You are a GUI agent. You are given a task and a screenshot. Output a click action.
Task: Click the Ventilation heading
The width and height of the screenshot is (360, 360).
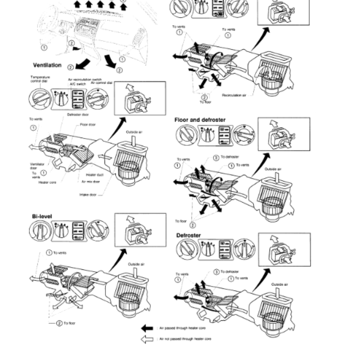47,65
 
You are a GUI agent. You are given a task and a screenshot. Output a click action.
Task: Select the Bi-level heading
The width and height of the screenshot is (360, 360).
42,216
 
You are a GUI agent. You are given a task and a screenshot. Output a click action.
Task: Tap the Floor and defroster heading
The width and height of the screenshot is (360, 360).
200,120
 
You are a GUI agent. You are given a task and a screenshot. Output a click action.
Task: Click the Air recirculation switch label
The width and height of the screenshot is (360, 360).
81,79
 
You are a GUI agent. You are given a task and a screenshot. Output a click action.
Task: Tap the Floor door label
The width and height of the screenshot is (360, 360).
88,124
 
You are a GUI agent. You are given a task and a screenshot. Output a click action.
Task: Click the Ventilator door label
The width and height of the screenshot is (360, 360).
36,166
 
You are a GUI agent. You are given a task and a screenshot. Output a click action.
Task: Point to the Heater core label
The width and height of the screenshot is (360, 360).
47,182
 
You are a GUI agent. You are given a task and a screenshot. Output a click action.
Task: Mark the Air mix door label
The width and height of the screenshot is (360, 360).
90,182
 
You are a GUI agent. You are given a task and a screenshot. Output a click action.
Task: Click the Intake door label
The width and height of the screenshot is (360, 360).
88,195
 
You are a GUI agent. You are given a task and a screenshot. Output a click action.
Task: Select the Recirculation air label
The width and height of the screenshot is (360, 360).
234,95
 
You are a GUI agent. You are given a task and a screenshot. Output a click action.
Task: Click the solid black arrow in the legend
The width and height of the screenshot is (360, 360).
147,328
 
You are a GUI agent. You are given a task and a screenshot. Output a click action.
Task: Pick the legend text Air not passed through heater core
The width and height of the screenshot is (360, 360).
185,339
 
